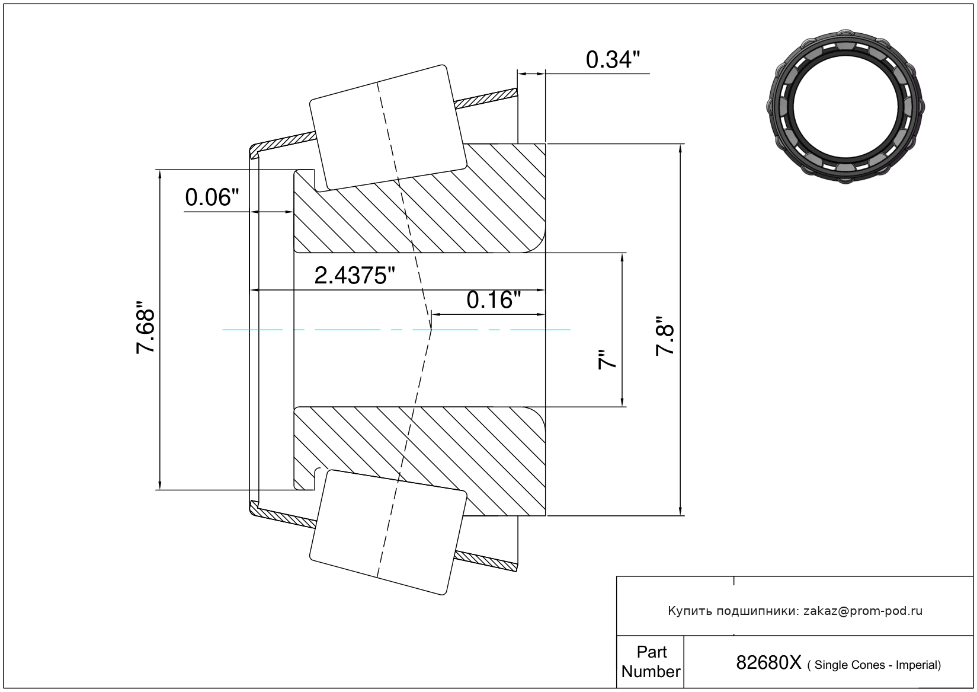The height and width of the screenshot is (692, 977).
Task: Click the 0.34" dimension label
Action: coord(613,60)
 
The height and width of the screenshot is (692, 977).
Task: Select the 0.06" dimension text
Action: coord(212,197)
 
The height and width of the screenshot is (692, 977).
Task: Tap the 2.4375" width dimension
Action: coord(354,276)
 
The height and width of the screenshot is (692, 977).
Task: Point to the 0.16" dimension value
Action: coord(494,300)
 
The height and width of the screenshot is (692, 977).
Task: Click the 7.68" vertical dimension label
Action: coord(146,327)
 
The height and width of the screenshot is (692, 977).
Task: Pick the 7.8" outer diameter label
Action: coord(665,336)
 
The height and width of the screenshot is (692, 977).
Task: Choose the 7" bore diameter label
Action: coord(607,359)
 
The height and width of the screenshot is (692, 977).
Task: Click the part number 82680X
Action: coord(768,663)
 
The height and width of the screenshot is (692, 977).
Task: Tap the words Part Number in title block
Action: coord(651,662)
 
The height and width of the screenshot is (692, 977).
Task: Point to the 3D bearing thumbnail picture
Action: coord(845,107)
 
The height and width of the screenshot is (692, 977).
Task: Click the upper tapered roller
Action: coord(388,127)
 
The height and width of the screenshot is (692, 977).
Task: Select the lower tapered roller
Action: coord(388,532)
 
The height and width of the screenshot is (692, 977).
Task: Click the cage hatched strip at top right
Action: coord(486,98)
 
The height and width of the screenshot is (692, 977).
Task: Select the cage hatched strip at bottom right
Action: coord(486,562)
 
